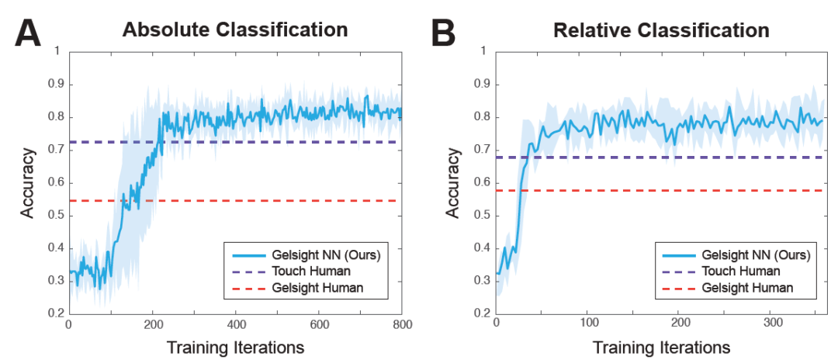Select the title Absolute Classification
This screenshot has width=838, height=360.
coord(234,30)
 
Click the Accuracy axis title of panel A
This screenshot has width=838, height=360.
coord(28,182)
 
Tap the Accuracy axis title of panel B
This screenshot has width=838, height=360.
coord(453,182)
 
